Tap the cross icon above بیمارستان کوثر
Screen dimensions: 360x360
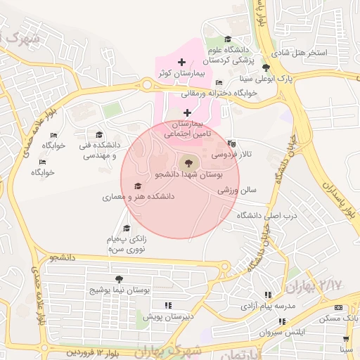(182, 63)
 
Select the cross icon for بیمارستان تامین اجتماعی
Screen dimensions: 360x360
(187, 112)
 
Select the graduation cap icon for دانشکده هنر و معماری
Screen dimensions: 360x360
(138, 186)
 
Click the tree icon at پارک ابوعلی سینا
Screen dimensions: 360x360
(265, 67)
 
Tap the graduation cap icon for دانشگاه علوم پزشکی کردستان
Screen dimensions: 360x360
(226, 40)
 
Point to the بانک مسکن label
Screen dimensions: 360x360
(339, 319)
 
